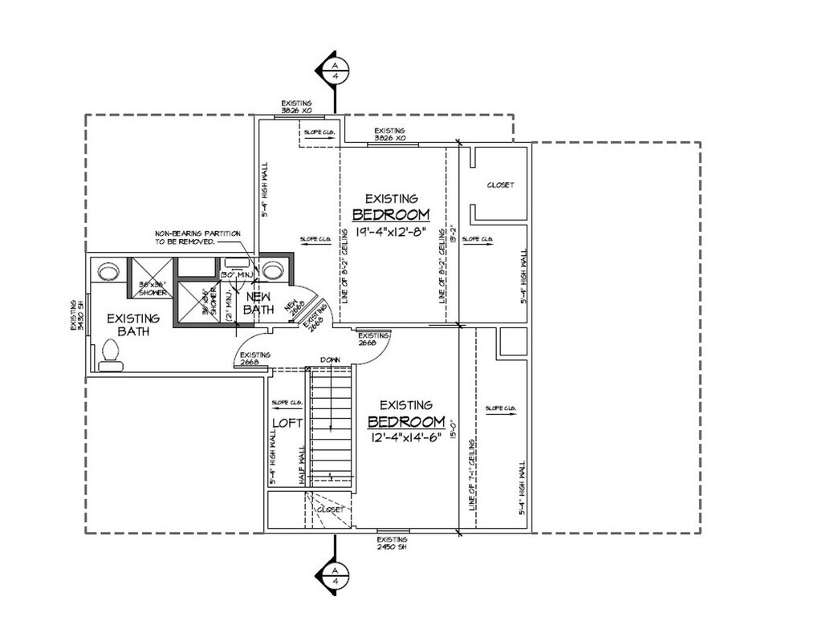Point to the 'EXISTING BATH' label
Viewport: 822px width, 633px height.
click(133, 325)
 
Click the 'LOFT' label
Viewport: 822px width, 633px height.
click(287, 422)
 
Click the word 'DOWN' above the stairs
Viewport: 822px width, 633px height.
click(331, 359)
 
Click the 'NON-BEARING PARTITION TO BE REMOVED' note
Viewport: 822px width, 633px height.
click(186, 237)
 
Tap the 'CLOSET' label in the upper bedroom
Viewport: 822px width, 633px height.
click(500, 185)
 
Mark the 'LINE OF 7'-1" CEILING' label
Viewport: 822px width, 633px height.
click(470, 473)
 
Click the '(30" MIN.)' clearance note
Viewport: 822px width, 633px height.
click(237, 275)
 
